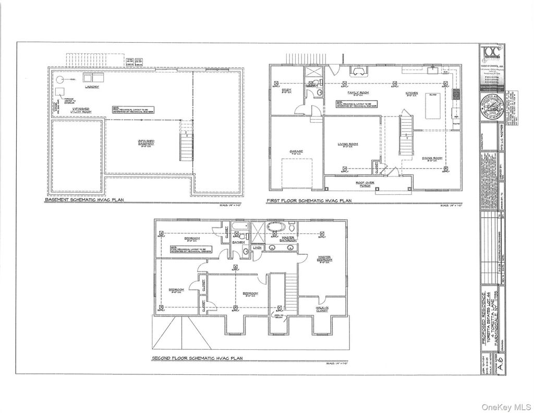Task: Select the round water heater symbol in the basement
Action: click(x=60, y=80)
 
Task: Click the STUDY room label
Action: click(x=286, y=90)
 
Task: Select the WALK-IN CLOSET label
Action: click(x=322, y=309)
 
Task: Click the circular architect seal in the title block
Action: click(x=490, y=111)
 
